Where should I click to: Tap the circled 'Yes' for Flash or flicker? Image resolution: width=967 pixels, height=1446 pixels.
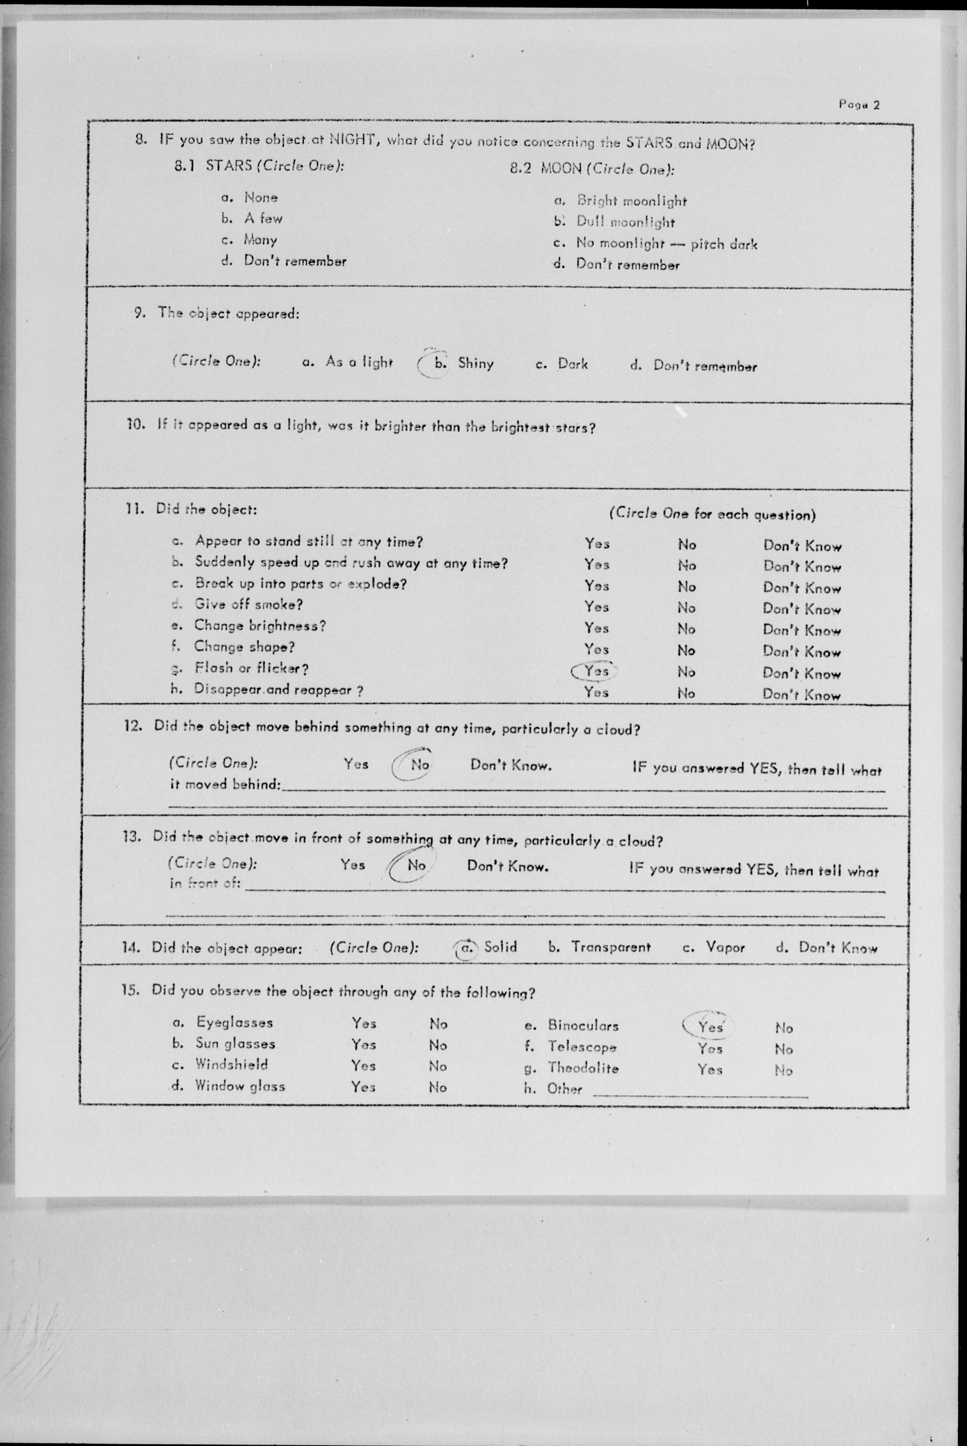point(595,671)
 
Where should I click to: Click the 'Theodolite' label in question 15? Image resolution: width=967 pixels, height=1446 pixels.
point(583,1068)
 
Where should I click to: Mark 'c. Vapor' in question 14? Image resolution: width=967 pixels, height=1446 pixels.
point(714,947)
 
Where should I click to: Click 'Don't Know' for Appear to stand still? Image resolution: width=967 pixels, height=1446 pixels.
point(802,545)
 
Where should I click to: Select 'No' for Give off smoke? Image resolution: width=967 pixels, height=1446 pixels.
point(686,608)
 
